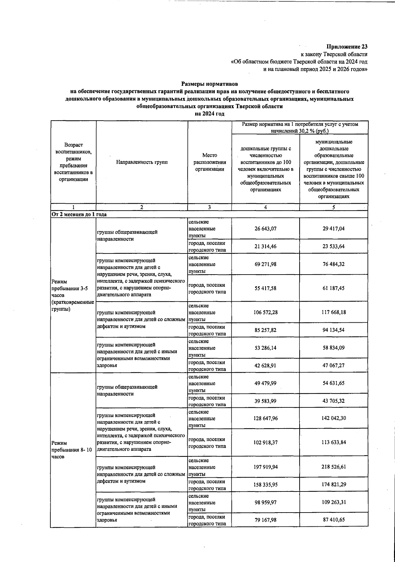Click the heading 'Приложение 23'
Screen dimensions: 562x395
347,47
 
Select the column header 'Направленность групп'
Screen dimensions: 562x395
142,162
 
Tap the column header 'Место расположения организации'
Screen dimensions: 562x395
209,162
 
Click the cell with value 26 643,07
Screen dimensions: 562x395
265,229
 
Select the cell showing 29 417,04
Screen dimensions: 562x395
333,229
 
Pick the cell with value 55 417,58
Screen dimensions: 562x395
265,288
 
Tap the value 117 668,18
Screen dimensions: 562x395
333,312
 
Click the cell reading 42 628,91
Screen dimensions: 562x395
265,366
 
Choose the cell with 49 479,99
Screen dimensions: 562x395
265,383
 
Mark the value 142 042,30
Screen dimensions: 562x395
333,418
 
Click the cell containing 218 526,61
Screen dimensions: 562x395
333,467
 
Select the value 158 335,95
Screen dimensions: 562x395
265,485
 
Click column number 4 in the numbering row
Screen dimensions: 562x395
265,207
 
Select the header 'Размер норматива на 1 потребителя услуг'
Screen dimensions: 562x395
300,128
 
